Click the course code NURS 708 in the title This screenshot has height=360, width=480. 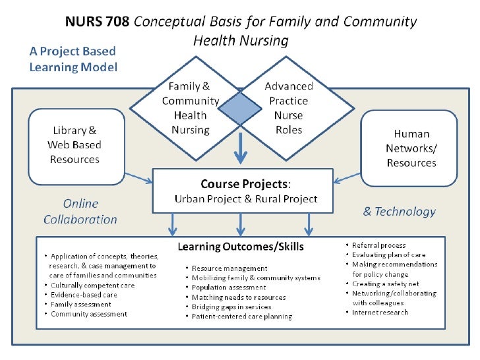tap(97, 22)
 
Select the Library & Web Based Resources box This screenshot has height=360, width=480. tap(74, 145)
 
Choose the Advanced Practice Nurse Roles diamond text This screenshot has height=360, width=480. tap(289, 108)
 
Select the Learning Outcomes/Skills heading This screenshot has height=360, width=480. tap(240, 247)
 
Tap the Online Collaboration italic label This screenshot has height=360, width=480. tap(80, 211)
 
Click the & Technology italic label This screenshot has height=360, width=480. tap(400, 212)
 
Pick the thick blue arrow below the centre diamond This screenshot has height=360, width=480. tap(241, 146)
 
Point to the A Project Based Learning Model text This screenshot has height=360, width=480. tap(73, 59)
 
